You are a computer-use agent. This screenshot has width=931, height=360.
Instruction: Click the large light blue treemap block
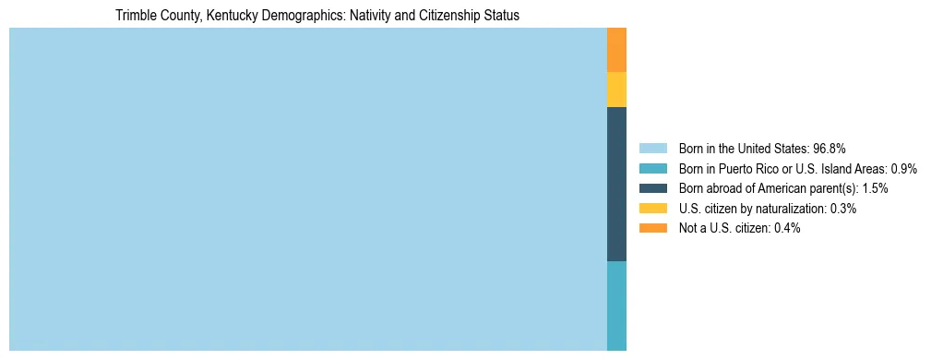(x=307, y=189)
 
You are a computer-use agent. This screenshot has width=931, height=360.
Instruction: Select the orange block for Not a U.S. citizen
(x=616, y=50)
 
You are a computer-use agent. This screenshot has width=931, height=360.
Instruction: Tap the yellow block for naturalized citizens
(x=616, y=90)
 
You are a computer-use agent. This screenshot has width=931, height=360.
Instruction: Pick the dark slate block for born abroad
(x=616, y=185)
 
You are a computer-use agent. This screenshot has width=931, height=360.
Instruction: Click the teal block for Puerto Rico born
(x=616, y=306)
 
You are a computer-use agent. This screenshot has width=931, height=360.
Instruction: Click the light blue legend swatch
(x=652, y=148)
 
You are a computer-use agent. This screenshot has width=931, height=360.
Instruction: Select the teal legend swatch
(x=652, y=168)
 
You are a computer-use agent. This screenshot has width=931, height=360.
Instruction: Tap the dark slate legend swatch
(x=652, y=188)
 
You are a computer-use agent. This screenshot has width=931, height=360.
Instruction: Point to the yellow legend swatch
(x=652, y=209)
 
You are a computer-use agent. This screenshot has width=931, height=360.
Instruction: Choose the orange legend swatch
(x=652, y=228)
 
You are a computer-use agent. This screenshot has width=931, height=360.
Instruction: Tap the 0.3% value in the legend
(x=843, y=209)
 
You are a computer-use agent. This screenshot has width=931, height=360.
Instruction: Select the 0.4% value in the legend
(x=787, y=228)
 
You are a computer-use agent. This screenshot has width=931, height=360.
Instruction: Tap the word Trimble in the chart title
(x=135, y=16)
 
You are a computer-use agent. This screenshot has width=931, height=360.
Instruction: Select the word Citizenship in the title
(x=447, y=16)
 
